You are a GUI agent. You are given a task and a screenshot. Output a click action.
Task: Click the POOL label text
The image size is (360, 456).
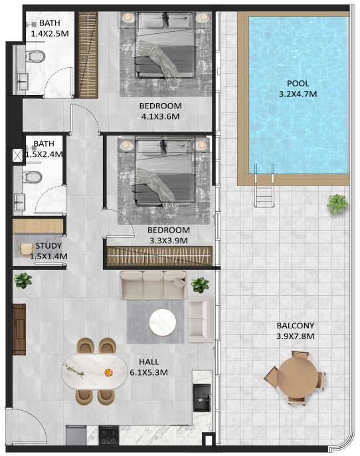(x=298, y=84)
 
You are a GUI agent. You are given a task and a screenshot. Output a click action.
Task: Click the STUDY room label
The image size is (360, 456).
(x=48, y=246)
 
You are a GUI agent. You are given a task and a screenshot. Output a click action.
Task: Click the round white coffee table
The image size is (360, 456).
(x=163, y=322)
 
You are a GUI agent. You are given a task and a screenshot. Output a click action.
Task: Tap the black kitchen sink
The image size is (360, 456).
(x=202, y=398)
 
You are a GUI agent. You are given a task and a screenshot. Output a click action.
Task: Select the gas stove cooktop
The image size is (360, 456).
(x=109, y=435)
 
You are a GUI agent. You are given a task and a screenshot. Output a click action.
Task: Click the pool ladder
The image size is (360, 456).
(x=264, y=185)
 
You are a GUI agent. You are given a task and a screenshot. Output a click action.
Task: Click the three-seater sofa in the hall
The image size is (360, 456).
(x=153, y=285)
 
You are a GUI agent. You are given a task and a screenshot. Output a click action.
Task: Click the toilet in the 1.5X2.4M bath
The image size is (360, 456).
(x=33, y=177)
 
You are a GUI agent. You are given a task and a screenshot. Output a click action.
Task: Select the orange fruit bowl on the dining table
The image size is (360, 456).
(x=108, y=372)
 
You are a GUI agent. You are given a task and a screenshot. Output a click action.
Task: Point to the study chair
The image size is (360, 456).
(x=27, y=250)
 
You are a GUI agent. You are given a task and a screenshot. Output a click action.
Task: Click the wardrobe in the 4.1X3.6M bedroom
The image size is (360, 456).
(x=88, y=55)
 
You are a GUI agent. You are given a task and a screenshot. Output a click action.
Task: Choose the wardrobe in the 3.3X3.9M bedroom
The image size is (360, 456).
(x=159, y=256)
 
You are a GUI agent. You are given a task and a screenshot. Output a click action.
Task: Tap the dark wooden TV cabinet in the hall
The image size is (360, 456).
(x=19, y=329)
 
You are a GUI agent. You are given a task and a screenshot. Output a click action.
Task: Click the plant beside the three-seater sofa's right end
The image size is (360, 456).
(x=200, y=285)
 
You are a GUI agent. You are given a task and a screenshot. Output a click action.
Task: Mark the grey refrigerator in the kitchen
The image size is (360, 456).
(x=76, y=435)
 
